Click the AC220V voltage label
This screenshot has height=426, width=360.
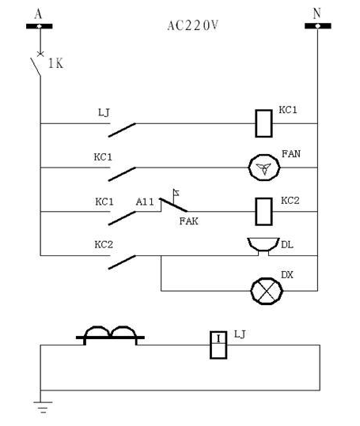(x=192, y=26)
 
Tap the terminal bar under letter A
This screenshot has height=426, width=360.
(x=39, y=26)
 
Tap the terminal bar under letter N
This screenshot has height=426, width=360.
(x=318, y=26)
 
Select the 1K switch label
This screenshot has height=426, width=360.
(x=55, y=64)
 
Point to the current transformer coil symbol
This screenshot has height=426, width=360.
(x=110, y=336)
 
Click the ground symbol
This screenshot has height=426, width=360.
(x=43, y=407)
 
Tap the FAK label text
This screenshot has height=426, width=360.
(x=188, y=221)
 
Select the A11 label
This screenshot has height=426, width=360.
(x=145, y=202)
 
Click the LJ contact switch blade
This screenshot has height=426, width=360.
(x=122, y=130)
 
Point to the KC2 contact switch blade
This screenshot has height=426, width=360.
(x=122, y=262)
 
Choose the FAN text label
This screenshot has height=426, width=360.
(x=291, y=154)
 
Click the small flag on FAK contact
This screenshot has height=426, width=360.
(x=176, y=193)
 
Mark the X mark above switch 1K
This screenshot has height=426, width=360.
(x=40, y=54)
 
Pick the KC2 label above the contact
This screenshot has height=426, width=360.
(x=104, y=245)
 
